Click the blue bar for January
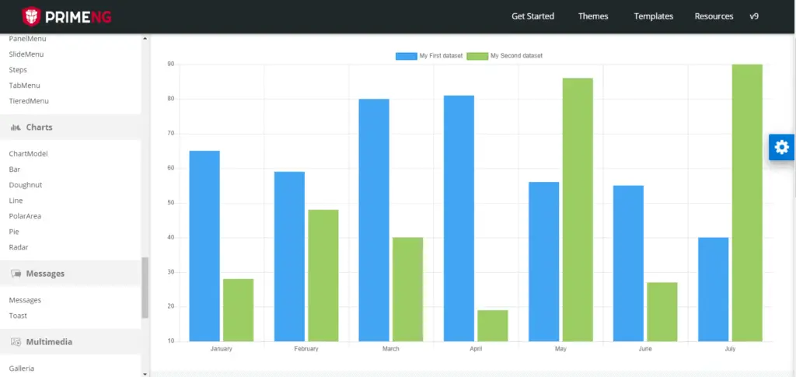[204, 246]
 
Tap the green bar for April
[492, 326]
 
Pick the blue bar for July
[713, 289]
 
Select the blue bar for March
[374, 220]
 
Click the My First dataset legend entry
[429, 56]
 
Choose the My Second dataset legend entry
[505, 56]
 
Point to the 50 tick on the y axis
[170, 203]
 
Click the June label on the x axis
[645, 349]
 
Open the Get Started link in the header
[532, 16]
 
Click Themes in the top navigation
[593, 16]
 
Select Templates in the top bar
[653, 16]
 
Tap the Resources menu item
[714, 16]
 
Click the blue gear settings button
[781, 147]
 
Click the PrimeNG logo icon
[31, 16]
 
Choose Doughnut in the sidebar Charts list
[26, 185]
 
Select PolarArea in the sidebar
[25, 216]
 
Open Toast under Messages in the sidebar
[18, 316]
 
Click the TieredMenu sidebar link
[29, 101]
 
